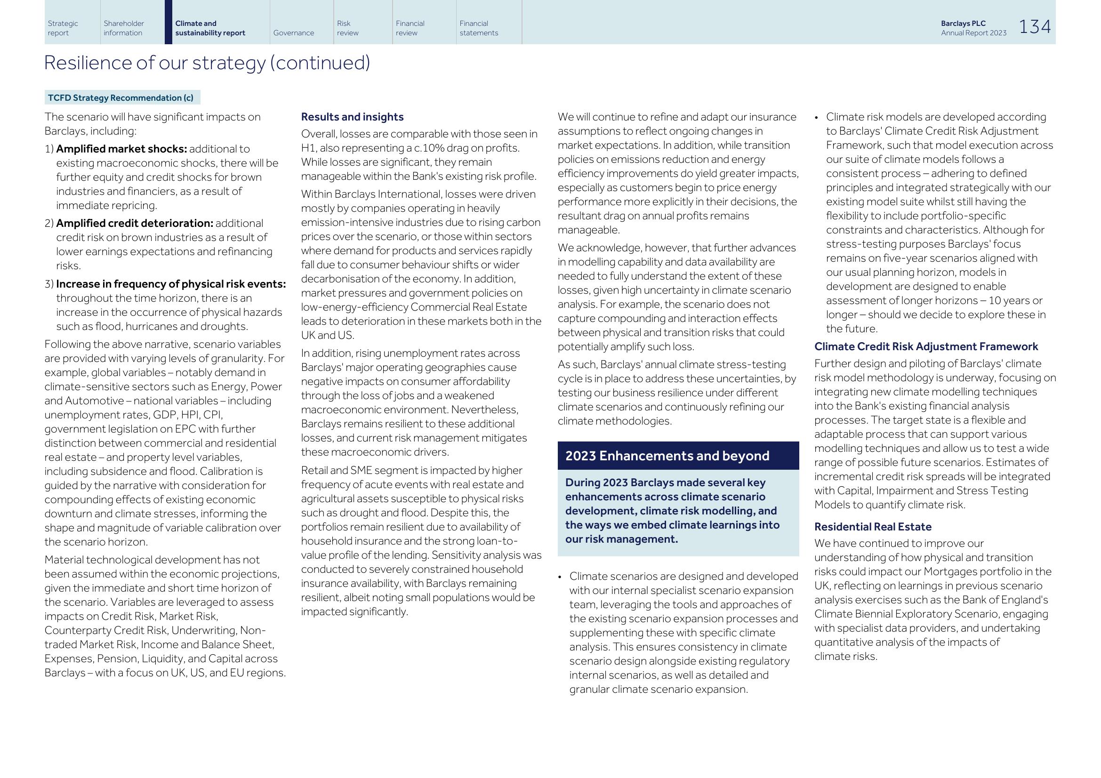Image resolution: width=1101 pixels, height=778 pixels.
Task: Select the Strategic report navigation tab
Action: coord(63,28)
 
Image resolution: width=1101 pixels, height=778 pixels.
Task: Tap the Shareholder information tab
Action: coord(124,28)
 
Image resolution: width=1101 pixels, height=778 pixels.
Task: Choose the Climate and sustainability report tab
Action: coord(210,28)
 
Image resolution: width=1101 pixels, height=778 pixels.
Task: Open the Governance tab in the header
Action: coord(293,32)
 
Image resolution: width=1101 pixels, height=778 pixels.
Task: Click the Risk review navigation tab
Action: coord(348,28)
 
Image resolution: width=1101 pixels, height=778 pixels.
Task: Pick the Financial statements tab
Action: coord(479,28)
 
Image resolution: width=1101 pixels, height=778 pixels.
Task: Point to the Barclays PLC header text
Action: coord(963,24)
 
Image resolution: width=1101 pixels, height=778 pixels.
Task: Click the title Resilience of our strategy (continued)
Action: coord(207,63)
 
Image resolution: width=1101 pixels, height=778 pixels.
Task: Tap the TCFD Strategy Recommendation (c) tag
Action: coord(121,98)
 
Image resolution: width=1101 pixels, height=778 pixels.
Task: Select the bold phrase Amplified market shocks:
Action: coord(121,149)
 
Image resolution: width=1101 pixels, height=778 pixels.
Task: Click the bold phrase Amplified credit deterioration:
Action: coord(135,224)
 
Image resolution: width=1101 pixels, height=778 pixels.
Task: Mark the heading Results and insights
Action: coord(352,117)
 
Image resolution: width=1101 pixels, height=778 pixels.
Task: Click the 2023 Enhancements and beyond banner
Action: coord(667,456)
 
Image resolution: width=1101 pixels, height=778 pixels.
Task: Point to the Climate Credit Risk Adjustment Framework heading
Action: coord(925,346)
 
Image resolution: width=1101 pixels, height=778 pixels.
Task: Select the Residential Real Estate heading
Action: coord(872,527)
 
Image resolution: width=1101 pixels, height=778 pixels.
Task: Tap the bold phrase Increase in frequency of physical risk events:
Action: coord(171,284)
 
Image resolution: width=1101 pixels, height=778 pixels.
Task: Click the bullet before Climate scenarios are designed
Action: coord(560,577)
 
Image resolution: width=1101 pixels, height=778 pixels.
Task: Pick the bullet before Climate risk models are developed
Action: coord(816,118)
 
